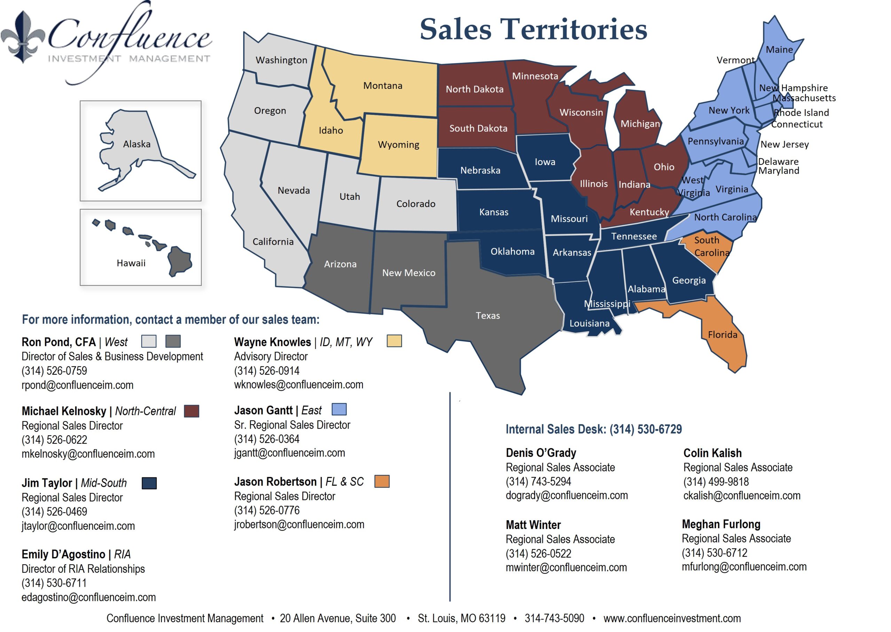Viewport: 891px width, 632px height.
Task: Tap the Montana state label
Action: (383, 86)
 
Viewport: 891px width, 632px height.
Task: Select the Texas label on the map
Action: (488, 315)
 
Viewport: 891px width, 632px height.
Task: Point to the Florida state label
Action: (722, 335)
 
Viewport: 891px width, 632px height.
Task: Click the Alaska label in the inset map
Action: (136, 145)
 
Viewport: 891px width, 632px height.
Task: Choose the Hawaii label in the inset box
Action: (131, 264)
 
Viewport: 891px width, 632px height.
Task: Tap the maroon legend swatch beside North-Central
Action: (191, 411)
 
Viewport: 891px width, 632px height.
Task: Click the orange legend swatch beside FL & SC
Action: (381, 481)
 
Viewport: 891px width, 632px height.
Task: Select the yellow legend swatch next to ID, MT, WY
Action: (394, 341)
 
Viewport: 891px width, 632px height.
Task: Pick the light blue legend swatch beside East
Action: (339, 409)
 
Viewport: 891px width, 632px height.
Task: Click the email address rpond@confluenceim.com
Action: (77, 385)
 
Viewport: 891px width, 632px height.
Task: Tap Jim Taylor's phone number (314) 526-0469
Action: (54, 512)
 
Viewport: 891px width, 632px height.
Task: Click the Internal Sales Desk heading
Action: (593, 429)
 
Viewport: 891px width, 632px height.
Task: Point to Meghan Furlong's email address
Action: (744, 567)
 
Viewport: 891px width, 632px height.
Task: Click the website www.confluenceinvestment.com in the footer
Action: (672, 618)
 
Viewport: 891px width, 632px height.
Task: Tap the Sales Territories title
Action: (533, 29)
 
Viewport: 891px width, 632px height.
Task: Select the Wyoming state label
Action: (399, 145)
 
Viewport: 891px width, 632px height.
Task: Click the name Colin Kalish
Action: (712, 453)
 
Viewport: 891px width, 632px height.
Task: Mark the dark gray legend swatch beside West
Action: (173, 341)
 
